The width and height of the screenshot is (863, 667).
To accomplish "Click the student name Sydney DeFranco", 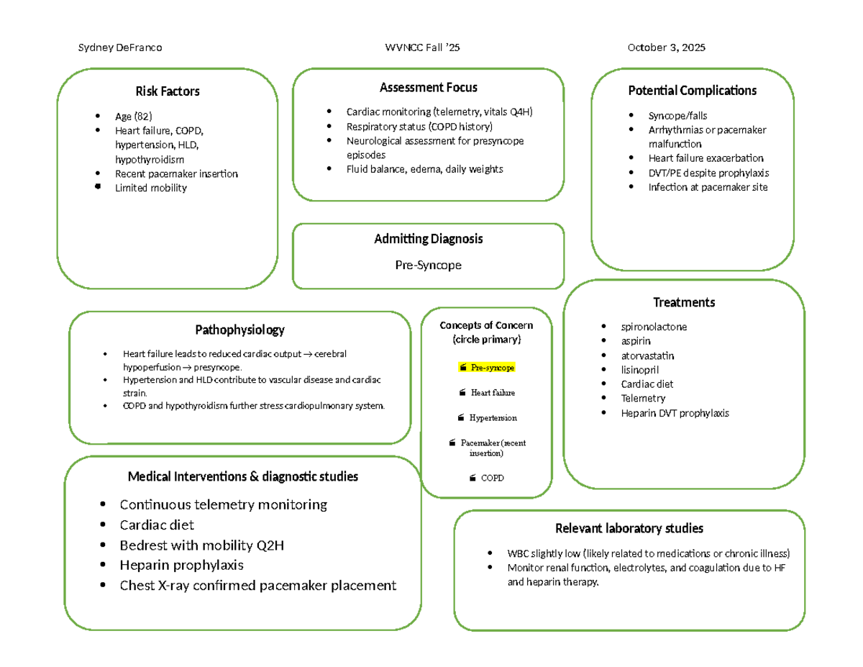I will pyautogui.click(x=119, y=47).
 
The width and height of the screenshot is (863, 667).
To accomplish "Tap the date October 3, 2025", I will pyautogui.click(x=666, y=47).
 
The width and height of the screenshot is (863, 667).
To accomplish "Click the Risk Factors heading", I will pyautogui.click(x=168, y=91).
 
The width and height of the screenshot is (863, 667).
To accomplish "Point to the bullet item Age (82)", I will pyautogui.click(x=134, y=117).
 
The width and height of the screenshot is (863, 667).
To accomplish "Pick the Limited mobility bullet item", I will pyautogui.click(x=150, y=188).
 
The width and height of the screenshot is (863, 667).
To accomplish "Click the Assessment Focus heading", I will pyautogui.click(x=428, y=88).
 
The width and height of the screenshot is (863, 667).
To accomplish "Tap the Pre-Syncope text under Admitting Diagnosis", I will pyautogui.click(x=428, y=265).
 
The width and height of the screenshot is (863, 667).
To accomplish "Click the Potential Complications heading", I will pyautogui.click(x=692, y=91).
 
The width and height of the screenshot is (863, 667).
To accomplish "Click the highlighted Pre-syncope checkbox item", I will pyautogui.click(x=487, y=368).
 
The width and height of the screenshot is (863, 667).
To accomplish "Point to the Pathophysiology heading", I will pyautogui.click(x=239, y=330).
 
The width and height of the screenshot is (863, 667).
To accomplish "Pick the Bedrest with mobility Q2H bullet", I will pyautogui.click(x=202, y=545).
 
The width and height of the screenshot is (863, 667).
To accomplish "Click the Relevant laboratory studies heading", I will pyautogui.click(x=629, y=529).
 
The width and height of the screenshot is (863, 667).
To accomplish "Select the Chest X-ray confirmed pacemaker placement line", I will pyautogui.click(x=257, y=585).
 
